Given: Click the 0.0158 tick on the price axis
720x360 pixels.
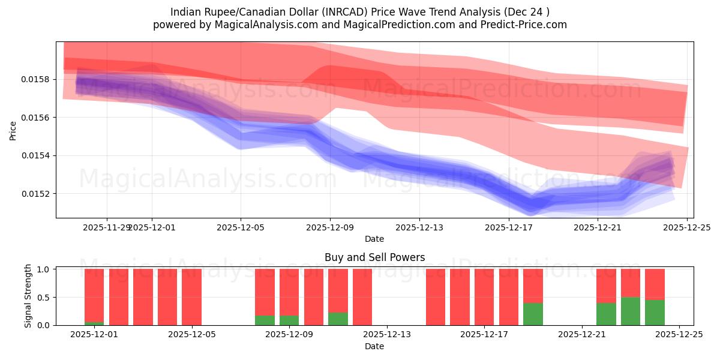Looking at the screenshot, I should pyautogui.click(x=39, y=79).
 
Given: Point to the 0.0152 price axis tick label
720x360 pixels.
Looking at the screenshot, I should pyautogui.click(x=39, y=194).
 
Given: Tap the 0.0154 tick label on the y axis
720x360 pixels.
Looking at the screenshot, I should pyautogui.click(x=39, y=155).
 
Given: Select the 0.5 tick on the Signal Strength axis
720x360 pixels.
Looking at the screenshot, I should pyautogui.click(x=44, y=298).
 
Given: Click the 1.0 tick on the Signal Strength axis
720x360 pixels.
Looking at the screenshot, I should pyautogui.click(x=44, y=269).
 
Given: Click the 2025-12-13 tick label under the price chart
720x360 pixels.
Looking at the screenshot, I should pyautogui.click(x=419, y=227).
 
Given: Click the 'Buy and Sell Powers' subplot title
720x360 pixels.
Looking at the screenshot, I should pyautogui.click(x=374, y=257).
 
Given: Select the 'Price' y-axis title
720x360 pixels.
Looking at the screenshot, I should pyautogui.click(x=13, y=130).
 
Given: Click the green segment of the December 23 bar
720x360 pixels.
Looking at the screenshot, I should pyautogui.click(x=631, y=311).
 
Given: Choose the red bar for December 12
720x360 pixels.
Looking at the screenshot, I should pyautogui.click(x=362, y=297).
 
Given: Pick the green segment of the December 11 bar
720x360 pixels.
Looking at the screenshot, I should pyautogui.click(x=338, y=319).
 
